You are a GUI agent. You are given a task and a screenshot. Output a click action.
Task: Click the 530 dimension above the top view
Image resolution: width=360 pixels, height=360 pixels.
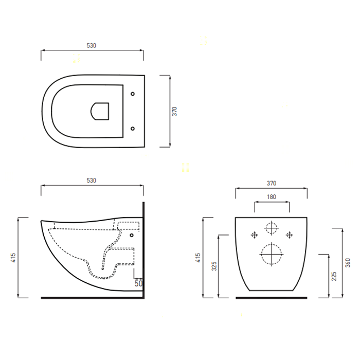(91, 46)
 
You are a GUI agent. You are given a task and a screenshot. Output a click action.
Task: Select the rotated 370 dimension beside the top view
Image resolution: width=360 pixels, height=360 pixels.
(174, 111)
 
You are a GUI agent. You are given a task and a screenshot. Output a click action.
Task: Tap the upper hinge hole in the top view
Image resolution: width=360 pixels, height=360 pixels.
(133, 94)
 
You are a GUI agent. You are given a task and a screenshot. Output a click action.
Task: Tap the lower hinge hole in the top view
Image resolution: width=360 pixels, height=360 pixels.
(133, 128)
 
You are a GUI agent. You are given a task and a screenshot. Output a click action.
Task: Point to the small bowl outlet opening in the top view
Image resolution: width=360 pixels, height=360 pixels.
(100, 111)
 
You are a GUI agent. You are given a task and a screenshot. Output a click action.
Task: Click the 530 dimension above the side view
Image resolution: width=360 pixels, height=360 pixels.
(91, 181)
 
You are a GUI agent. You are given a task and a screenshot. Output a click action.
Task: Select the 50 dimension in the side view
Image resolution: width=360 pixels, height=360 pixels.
(138, 283)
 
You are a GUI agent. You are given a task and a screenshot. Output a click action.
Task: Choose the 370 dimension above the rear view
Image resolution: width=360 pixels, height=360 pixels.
(271, 183)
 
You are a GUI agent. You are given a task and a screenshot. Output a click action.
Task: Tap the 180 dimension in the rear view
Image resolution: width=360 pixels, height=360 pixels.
(271, 197)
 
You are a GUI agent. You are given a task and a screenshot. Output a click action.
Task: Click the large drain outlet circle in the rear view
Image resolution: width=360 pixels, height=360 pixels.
(271, 254)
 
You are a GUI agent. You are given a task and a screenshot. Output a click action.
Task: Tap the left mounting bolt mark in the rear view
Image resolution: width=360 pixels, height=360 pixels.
(254, 235)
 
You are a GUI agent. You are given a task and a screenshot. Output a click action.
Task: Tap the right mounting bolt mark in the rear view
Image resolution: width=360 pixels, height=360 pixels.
(289, 235)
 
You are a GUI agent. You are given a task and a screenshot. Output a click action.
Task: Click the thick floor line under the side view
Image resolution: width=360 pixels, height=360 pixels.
(91, 297)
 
